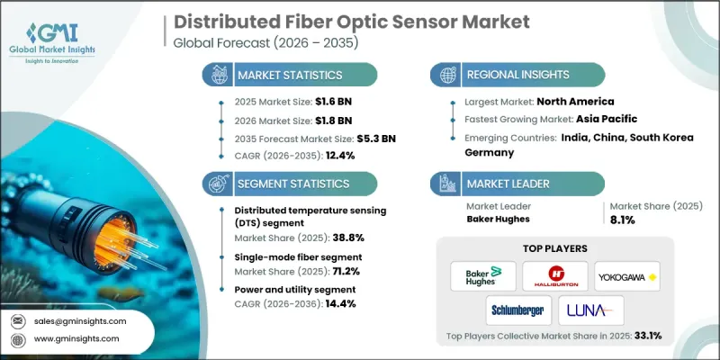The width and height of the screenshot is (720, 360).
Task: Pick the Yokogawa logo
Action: [621, 276]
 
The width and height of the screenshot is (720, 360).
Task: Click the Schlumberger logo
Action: [516, 310]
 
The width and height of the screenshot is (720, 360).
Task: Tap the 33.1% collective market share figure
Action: [644, 336]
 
